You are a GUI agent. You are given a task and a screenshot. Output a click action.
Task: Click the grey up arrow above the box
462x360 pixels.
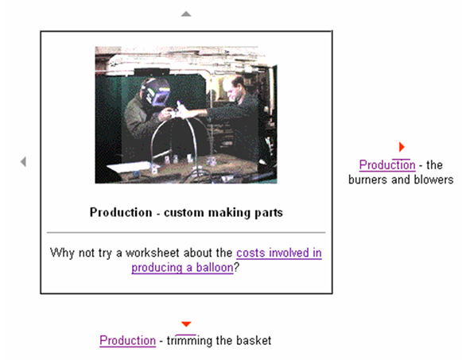[x=186, y=14]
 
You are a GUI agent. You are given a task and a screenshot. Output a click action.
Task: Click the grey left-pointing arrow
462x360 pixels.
[x=23, y=161]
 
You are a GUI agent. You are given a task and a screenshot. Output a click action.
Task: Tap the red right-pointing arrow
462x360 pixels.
[x=402, y=146]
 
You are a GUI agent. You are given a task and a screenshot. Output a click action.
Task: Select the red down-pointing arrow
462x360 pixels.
[x=186, y=324]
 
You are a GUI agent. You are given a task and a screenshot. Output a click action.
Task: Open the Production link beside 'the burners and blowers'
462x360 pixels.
[x=387, y=165]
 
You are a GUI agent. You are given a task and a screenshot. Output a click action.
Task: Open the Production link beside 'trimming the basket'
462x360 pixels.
[x=127, y=341]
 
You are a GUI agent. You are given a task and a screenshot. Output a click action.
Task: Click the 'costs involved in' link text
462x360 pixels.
[x=279, y=253]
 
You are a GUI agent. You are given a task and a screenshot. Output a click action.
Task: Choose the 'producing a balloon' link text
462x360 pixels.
[x=182, y=268]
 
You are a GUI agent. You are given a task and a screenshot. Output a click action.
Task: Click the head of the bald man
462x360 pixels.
[x=233, y=87]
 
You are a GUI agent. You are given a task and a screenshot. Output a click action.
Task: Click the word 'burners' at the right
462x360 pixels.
[x=367, y=180]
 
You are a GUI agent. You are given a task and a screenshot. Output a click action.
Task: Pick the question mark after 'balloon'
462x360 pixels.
[x=236, y=268]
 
